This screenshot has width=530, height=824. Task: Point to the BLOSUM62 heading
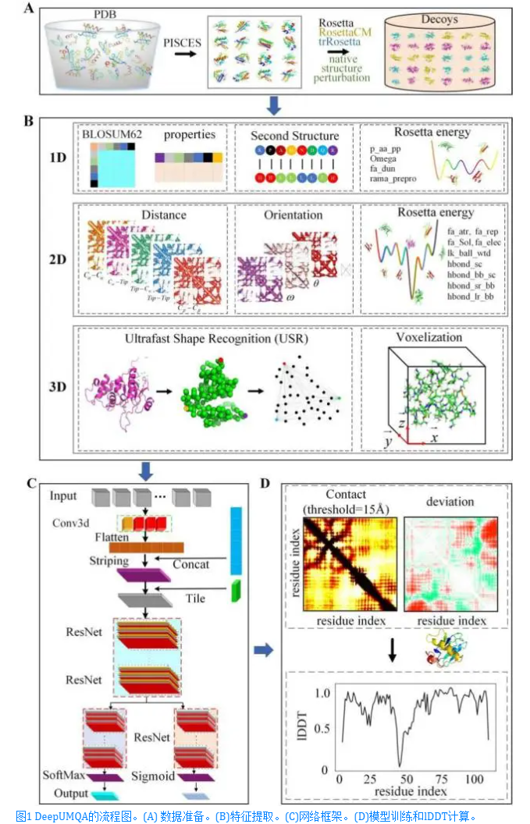tap(108, 133)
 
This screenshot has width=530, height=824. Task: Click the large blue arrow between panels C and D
tap(264, 648)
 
